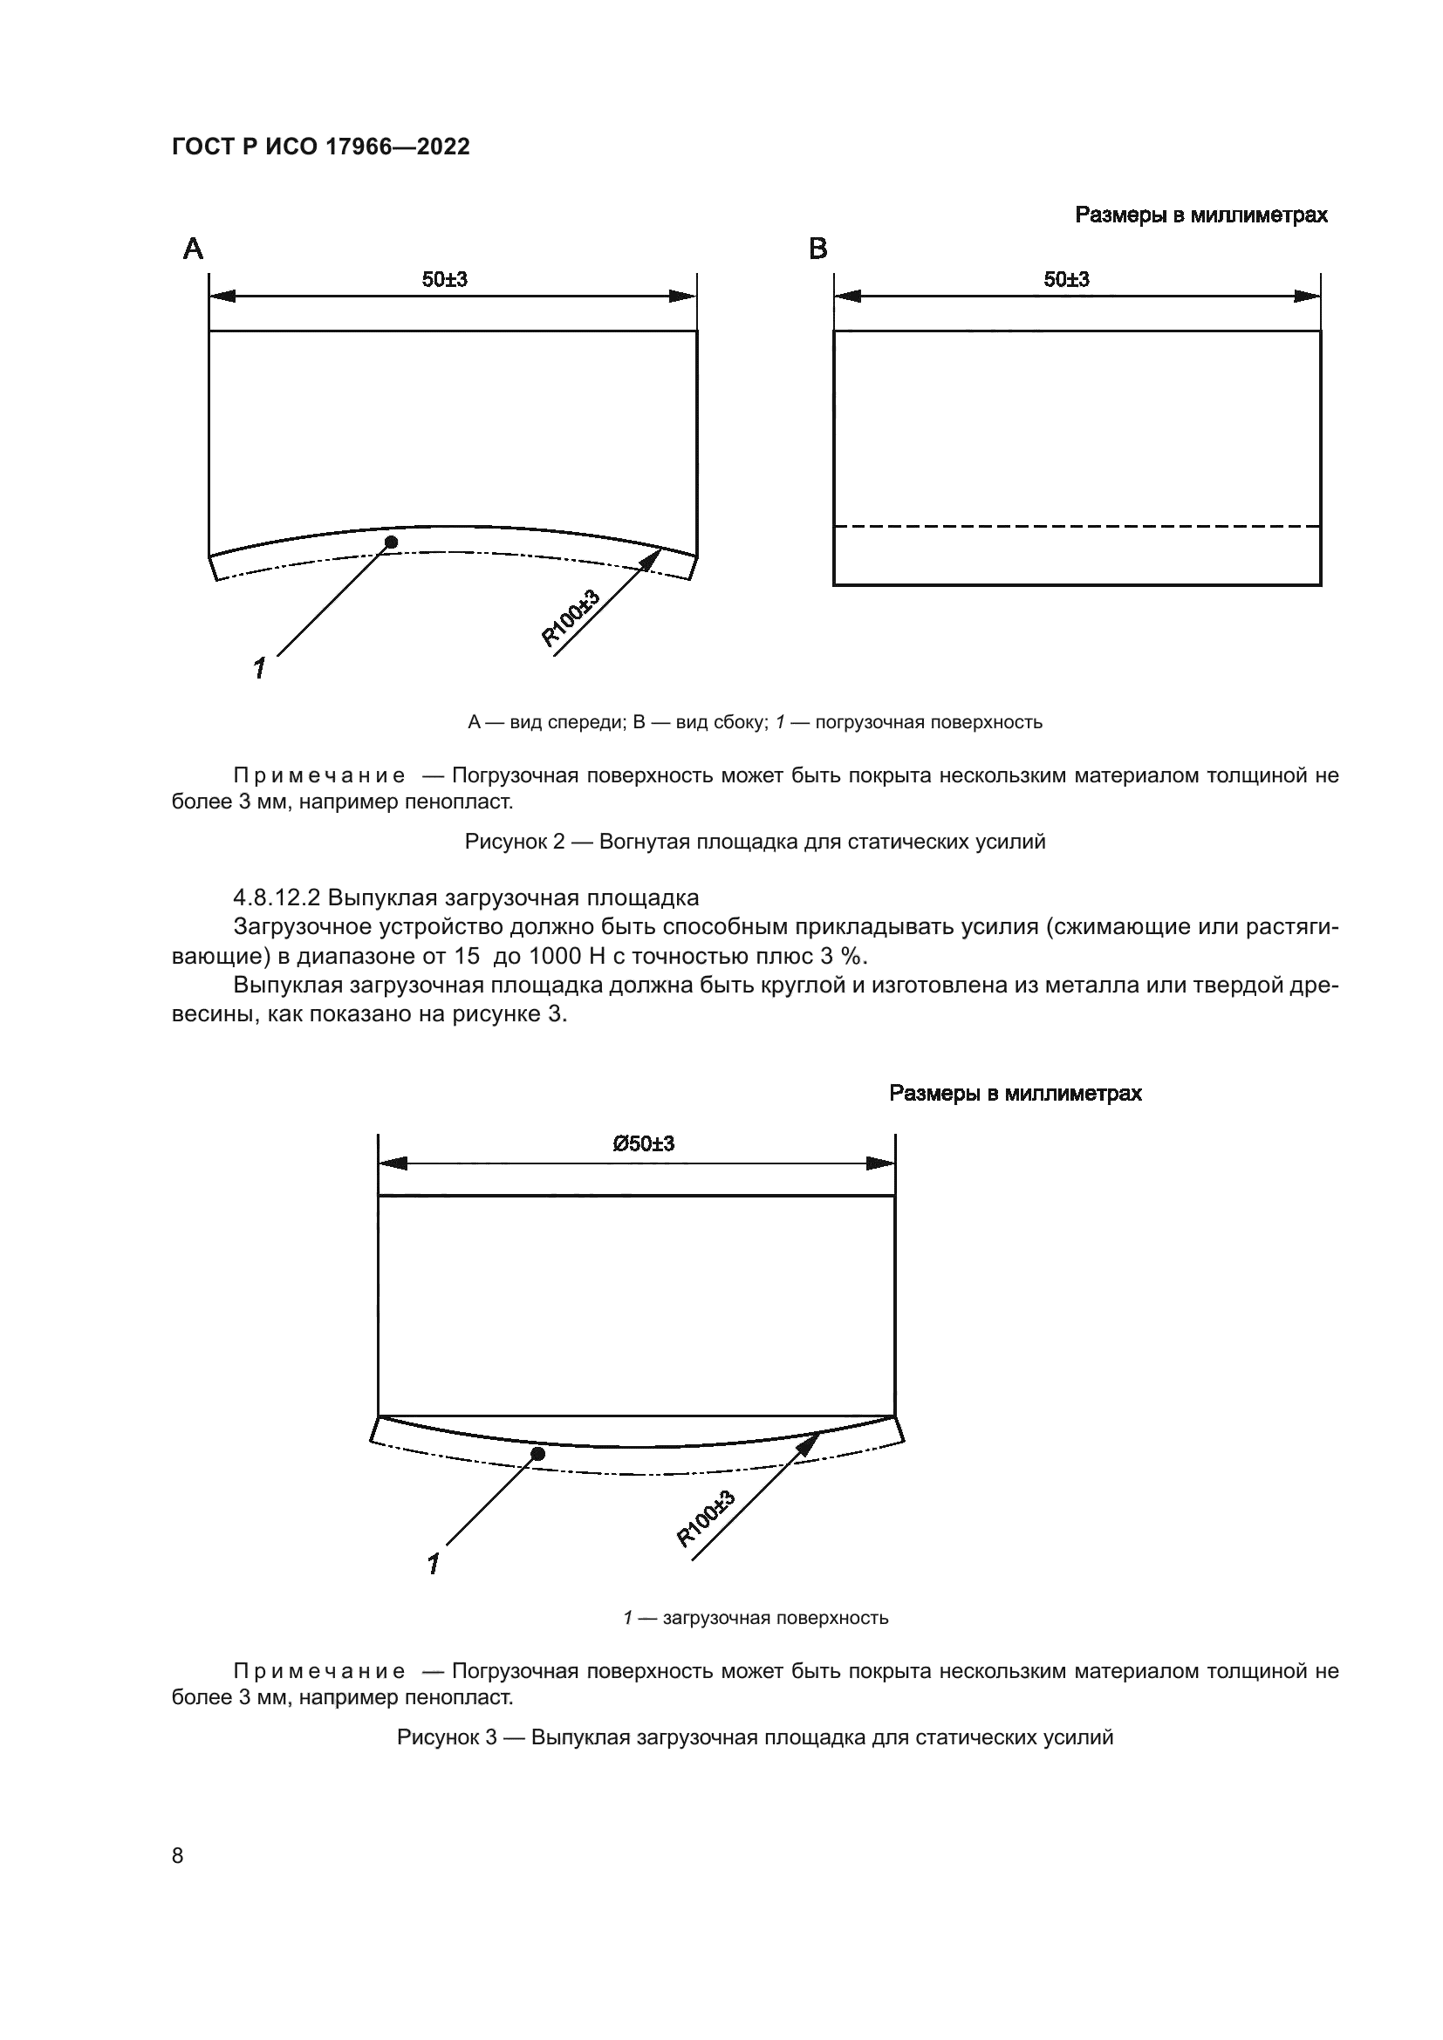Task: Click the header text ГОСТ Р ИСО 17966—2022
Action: pos(320,147)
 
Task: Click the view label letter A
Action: pos(193,249)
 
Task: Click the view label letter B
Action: pos(818,249)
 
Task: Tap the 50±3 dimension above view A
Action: pos(444,280)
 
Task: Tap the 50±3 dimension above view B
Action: pos(1066,280)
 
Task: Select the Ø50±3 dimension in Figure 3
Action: pos(643,1143)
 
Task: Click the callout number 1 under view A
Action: pos(259,668)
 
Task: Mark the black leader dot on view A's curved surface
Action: pos(391,542)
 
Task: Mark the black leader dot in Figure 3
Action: pos(537,1454)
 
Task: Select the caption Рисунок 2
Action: pos(756,842)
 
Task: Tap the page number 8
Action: pos(178,1855)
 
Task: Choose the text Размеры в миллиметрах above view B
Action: pos(1201,215)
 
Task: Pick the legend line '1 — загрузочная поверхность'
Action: pos(756,1618)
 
